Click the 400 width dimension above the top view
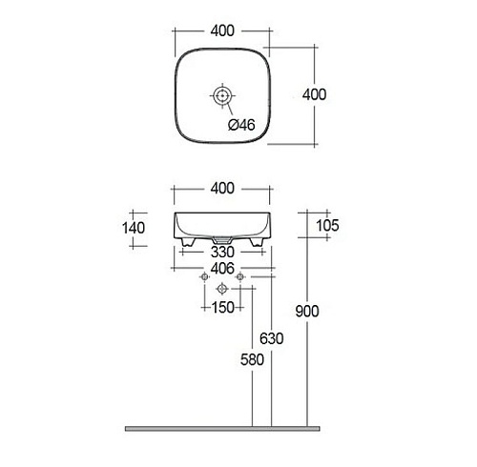(220, 31)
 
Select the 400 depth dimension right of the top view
(315, 94)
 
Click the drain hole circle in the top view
(221, 95)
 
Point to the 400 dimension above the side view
(220, 190)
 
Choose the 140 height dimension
(135, 228)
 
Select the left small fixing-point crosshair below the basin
(203, 277)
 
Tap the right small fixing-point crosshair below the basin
(240, 277)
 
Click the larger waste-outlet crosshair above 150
(221, 289)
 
